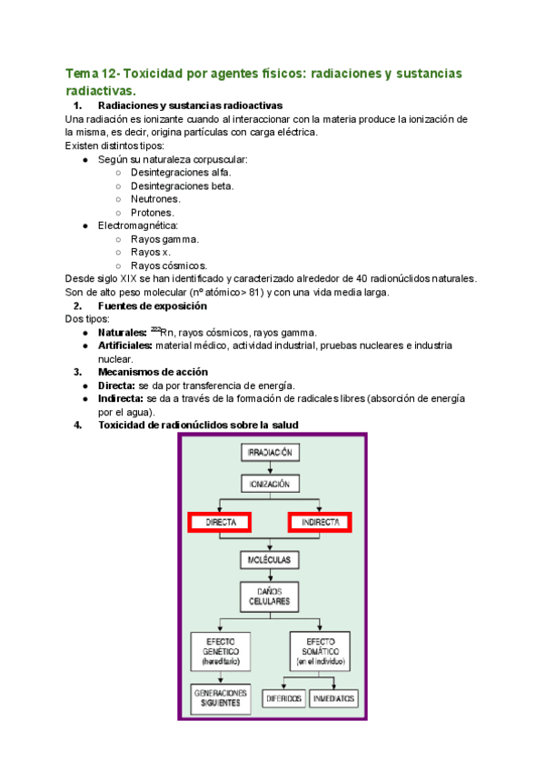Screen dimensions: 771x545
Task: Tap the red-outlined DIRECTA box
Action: pyautogui.click(x=220, y=523)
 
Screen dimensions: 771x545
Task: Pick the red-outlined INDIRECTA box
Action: pyautogui.click(x=320, y=523)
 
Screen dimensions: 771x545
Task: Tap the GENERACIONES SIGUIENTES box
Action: pyautogui.click(x=221, y=698)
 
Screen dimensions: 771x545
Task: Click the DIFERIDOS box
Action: pyautogui.click(x=282, y=699)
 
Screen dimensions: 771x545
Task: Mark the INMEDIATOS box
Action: pyautogui.click(x=334, y=699)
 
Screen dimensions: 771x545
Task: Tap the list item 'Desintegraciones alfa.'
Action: pyautogui.click(x=181, y=173)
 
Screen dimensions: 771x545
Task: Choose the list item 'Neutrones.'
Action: pyautogui.click(x=155, y=199)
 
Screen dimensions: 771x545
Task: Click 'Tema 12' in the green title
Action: pyautogui.click(x=92, y=73)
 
